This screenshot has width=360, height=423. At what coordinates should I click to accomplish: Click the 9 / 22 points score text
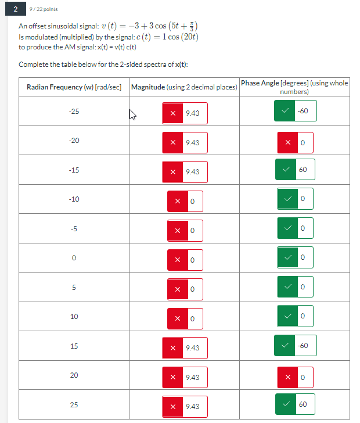point(45,9)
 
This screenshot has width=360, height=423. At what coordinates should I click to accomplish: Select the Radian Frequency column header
point(74,87)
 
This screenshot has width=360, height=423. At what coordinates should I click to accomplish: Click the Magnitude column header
point(184,87)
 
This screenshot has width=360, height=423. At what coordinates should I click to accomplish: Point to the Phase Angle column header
point(295,87)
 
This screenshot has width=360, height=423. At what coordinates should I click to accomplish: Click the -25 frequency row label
point(74,111)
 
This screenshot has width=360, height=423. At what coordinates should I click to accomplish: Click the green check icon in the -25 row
point(285,111)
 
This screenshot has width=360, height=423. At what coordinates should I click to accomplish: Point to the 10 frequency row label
point(74,317)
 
